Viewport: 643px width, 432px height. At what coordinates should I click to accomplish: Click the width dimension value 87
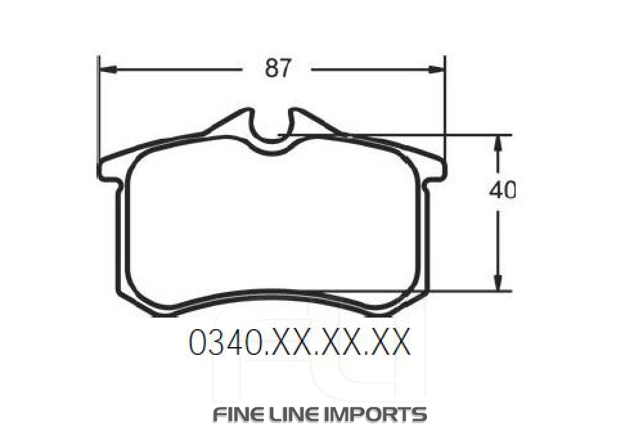pyautogui.click(x=278, y=67)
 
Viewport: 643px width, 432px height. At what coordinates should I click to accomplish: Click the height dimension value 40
pyautogui.click(x=502, y=190)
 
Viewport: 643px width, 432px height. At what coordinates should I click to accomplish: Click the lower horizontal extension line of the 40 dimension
pyautogui.click(x=463, y=291)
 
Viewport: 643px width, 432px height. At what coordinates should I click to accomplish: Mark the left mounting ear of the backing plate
pyautogui.click(x=108, y=175)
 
